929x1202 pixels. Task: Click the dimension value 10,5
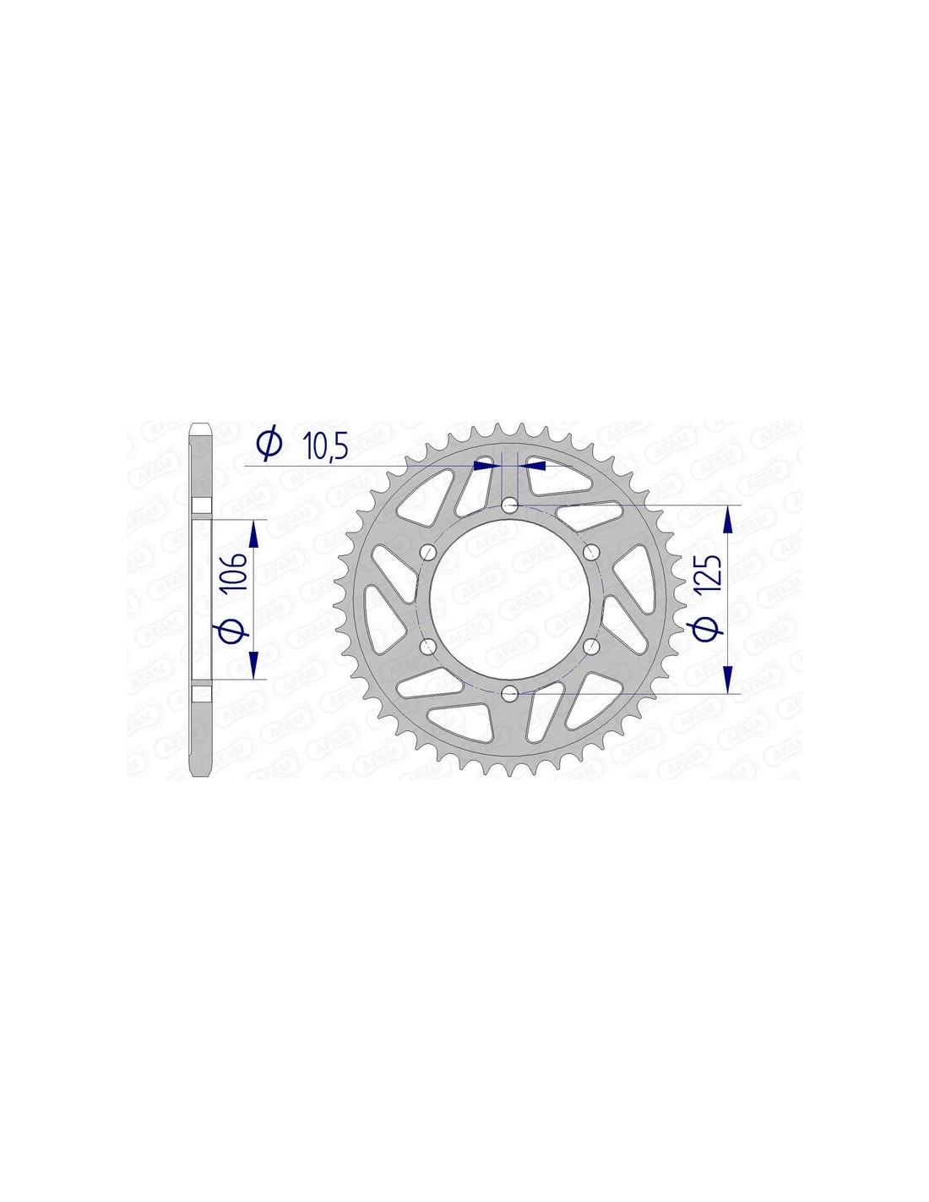tap(325, 445)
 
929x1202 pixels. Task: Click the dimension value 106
tap(232, 571)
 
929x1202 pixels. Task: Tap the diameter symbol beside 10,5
tap(269, 445)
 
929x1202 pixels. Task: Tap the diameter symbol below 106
tap(233, 629)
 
